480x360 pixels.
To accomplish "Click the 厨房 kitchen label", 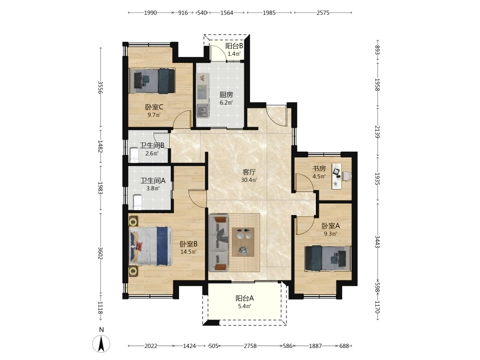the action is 226,95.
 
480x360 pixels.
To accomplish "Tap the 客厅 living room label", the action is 249,172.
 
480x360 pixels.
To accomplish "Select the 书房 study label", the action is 319,168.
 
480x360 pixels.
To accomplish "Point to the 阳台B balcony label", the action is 234,46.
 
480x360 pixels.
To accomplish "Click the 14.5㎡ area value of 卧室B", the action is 188,252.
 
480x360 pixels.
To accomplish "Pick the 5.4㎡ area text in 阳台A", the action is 245,306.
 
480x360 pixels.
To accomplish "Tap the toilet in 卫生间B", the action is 134,155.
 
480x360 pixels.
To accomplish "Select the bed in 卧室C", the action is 152,81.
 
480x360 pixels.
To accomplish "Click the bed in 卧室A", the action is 328,258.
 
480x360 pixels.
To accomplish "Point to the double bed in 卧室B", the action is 150,246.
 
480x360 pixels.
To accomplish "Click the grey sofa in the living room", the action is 218,243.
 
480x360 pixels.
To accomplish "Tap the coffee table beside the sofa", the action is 243,242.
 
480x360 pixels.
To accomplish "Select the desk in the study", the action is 337,177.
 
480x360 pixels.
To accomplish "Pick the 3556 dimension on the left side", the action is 100,87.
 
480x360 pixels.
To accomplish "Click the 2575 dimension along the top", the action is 323,12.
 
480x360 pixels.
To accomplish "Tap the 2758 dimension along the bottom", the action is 250,346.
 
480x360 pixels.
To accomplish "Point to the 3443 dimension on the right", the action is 377,242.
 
